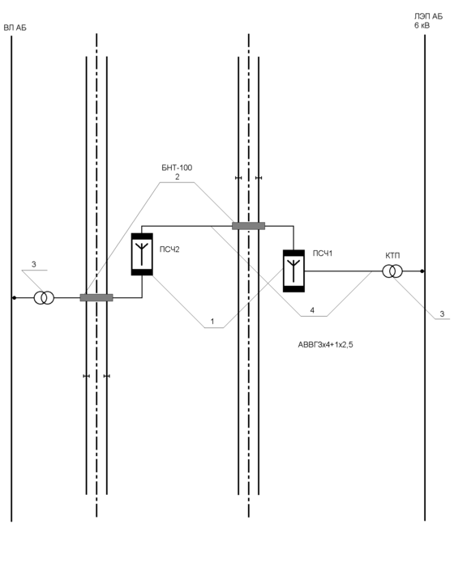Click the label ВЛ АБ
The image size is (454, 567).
coord(15,28)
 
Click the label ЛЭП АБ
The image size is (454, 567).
coord(428,17)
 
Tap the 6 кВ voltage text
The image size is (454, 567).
coord(422,26)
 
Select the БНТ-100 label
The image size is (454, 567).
coord(177,168)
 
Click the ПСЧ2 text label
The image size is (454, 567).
coord(169,249)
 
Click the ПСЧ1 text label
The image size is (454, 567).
coord(322,254)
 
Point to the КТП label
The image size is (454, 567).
coord(392,256)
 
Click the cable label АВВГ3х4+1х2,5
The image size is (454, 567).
coord(325,345)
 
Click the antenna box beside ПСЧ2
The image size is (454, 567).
coord(142,254)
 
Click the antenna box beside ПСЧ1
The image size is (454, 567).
coord(293,271)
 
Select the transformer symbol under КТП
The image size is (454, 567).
coord(392,271)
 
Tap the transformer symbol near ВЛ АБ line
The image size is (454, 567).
coord(44,298)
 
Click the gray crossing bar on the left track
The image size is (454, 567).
coord(96,298)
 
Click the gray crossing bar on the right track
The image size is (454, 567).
coord(248,226)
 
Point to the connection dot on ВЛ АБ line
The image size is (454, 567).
coord(14,298)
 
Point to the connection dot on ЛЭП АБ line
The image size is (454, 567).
coord(422,271)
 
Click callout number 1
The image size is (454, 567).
coord(212,321)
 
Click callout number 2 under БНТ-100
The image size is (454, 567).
coord(177,177)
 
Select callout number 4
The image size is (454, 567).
coord(312,310)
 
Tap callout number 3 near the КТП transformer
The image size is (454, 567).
coord(442,314)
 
